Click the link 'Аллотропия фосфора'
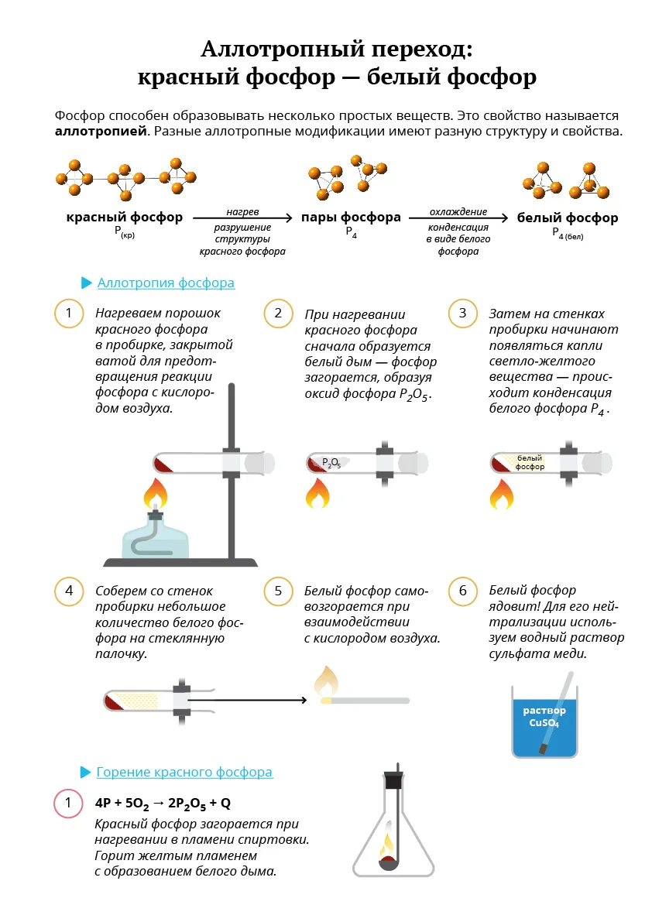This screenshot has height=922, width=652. click(x=166, y=283)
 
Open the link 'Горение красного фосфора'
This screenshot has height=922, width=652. click(x=184, y=772)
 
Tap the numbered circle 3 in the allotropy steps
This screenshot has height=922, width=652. click(x=463, y=314)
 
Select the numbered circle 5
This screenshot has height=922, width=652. click(x=278, y=591)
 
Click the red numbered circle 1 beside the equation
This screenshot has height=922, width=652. click(x=68, y=804)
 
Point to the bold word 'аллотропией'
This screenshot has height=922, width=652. click(x=101, y=131)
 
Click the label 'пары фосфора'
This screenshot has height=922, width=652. click(x=351, y=217)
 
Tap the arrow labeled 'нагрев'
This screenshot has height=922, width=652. click(x=243, y=218)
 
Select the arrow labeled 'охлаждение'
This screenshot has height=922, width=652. click(x=458, y=218)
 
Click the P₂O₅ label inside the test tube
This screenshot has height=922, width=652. click(x=331, y=464)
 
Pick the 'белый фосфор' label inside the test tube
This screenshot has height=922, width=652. click(x=530, y=462)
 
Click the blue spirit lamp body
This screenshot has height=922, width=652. click(x=156, y=538)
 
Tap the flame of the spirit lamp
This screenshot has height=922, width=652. click(x=156, y=493)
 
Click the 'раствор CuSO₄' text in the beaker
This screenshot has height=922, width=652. click(x=544, y=717)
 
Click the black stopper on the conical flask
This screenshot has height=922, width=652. click(x=393, y=780)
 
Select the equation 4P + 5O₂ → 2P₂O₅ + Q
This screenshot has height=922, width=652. click(x=163, y=804)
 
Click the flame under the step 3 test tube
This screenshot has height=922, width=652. click(x=502, y=494)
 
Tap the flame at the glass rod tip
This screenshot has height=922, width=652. click(x=326, y=681)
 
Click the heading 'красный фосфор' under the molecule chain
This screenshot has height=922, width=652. click(x=125, y=217)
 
